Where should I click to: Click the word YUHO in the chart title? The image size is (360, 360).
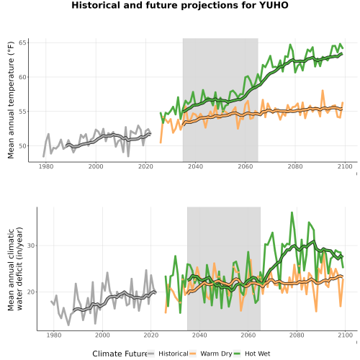click(x=274, y=5)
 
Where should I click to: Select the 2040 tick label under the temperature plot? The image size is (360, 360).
click(x=195, y=166)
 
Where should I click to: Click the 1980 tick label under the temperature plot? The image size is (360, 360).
click(x=46, y=166)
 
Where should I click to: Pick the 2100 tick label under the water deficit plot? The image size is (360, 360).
click(x=345, y=335)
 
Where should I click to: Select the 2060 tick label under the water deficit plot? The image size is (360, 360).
click(x=248, y=335)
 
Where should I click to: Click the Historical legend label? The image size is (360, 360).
click(x=174, y=354)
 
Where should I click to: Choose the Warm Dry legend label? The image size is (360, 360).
click(x=216, y=354)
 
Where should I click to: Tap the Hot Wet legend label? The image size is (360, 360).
click(x=258, y=354)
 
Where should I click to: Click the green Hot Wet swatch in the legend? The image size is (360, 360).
click(x=237, y=354)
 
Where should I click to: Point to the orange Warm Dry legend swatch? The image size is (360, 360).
click(x=193, y=354)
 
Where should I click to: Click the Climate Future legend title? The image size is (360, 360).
click(x=120, y=354)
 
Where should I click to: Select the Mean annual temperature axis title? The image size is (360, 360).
click(x=11, y=100)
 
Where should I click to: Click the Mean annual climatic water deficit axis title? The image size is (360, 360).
click(x=15, y=269)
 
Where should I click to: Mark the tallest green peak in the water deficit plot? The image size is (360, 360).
click(x=292, y=212)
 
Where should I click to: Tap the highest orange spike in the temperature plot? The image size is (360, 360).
click(x=323, y=91)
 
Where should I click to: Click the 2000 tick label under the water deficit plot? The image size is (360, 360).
click(x=102, y=335)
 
